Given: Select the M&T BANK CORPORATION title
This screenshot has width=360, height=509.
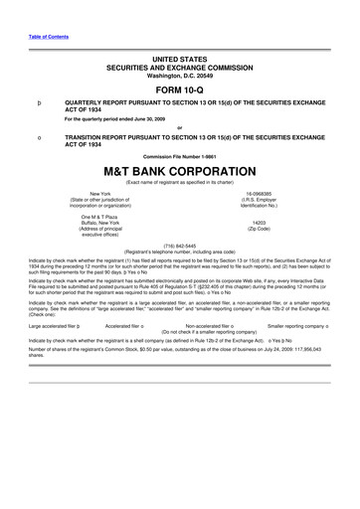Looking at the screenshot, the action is pos(180,171).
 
